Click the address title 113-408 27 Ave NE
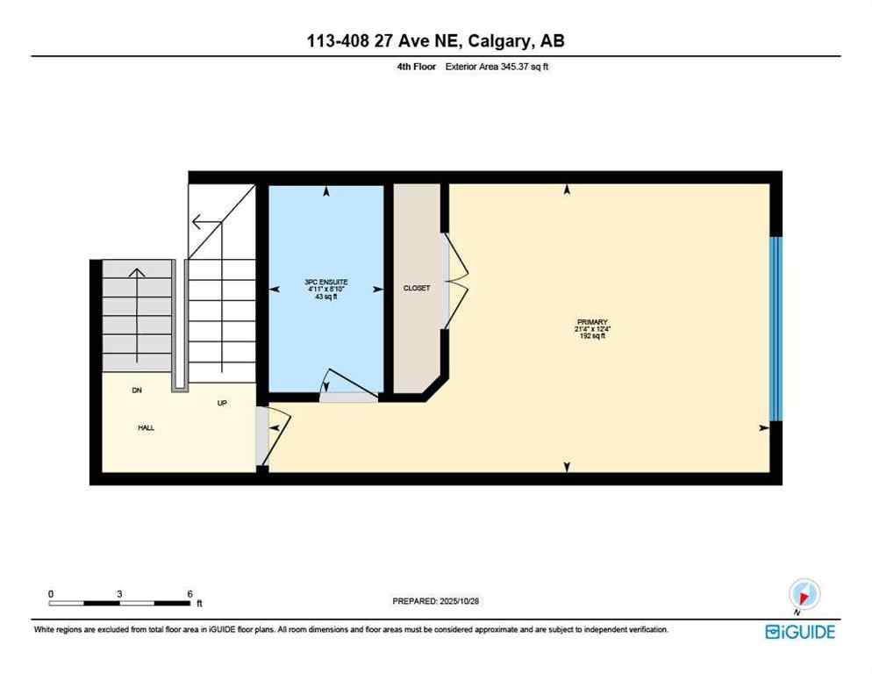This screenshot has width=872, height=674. coord(435,42)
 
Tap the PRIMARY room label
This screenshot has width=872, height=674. coord(592,322)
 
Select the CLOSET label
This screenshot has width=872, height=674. coord(417,288)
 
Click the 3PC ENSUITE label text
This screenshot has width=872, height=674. coord(326,282)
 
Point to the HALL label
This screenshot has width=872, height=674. coord(146,428)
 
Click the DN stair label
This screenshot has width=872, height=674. coord(137,390)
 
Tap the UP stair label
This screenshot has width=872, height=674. coord(223,404)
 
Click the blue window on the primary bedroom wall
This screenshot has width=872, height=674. coord(774,329)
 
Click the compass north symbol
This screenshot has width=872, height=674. coord(804,595)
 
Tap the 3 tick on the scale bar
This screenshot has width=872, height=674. coord(118,594)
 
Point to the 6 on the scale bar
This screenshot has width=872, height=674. coord(189,594)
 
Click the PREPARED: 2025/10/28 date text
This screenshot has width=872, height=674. coord(436,601)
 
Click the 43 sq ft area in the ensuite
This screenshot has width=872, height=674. coord(326,298)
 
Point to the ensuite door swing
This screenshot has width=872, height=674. coord(347,384)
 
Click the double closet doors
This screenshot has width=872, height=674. coord(454,281)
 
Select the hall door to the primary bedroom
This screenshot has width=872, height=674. coord(272,434)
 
